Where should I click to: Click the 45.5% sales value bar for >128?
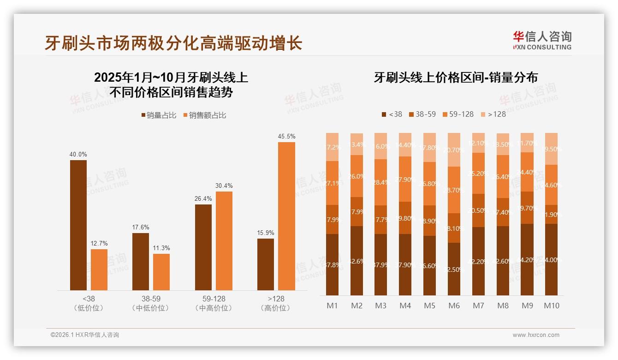coord(286,216)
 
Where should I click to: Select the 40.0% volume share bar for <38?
coord(78,225)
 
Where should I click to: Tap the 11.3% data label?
coord(161,248)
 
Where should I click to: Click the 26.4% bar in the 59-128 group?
coord(203,247)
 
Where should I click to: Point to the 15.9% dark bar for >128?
coord(266,264)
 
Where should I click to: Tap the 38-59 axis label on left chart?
coord(150,299)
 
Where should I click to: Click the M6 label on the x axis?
coord(454,306)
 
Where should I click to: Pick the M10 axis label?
coord(551,306)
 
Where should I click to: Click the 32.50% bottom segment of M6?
coord(454,269)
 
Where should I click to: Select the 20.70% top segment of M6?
coord(454,150)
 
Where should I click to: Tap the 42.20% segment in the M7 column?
coord(478,261)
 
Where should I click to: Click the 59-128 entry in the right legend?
coord(458,114)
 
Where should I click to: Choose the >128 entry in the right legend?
coord(493,114)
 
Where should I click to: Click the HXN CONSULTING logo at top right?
coord(542,41)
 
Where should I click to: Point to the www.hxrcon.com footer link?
coord(535,335)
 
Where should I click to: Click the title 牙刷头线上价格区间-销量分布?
coord(456,78)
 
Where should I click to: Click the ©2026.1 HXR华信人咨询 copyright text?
coord(85,335)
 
